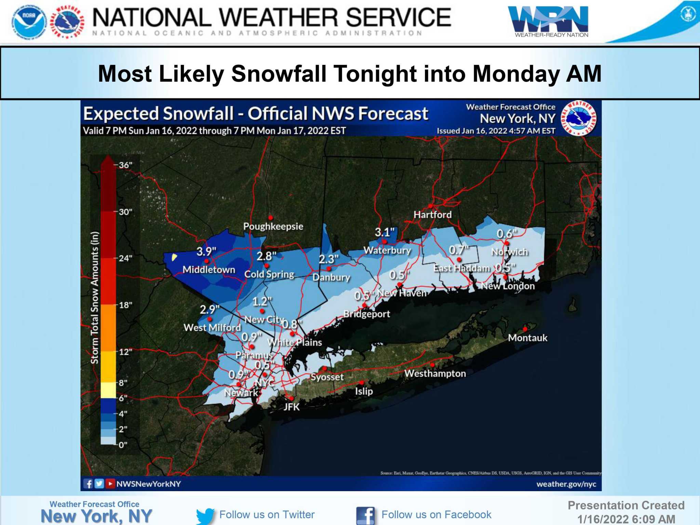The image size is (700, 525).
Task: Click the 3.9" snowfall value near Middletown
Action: (206, 252)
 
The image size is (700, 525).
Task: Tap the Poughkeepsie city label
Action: (273, 226)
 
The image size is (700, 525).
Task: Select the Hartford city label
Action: (432, 215)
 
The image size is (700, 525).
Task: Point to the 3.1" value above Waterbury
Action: (385, 232)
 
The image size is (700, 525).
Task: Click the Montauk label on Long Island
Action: (527, 338)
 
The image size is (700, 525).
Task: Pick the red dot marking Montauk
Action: (525, 329)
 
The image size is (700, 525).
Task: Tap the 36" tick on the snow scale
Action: (125, 165)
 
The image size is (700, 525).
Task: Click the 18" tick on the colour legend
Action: (125, 305)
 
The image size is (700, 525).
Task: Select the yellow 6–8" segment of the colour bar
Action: (108, 390)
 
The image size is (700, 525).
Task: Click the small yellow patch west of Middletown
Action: (174, 257)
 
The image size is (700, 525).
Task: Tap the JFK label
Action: (292, 407)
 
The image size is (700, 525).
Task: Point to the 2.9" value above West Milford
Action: (210, 309)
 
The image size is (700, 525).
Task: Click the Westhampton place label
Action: (435, 373)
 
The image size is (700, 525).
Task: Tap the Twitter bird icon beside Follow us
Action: (205, 515)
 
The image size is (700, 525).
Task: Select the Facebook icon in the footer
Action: (365, 515)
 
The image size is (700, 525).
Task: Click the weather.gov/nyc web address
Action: (566, 484)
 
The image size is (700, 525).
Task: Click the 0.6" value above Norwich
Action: (507, 234)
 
